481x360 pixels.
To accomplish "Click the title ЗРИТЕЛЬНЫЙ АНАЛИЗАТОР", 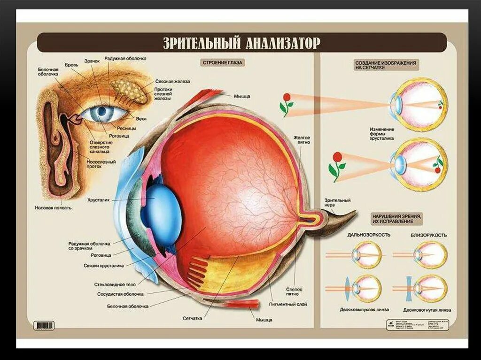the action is pyautogui.click(x=241, y=43).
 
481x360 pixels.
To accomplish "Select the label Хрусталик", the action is pyautogui.click(x=98, y=200).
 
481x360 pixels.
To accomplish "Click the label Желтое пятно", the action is pyautogui.click(x=302, y=140).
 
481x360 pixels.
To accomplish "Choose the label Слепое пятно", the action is pyautogui.click(x=294, y=291).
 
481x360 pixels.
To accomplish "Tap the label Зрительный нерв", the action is pyautogui.click(x=337, y=203).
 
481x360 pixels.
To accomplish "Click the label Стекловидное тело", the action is pyautogui.click(x=114, y=284).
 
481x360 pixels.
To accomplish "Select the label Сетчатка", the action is pyautogui.click(x=193, y=318).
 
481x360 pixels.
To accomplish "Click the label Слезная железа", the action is pyautogui.click(x=177, y=81).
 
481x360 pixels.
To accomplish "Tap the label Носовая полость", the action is pyautogui.click(x=53, y=207).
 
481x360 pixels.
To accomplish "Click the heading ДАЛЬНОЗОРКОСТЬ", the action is pyautogui.click(x=369, y=235).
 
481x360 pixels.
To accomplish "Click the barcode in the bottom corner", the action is pyautogui.click(x=45, y=325).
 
